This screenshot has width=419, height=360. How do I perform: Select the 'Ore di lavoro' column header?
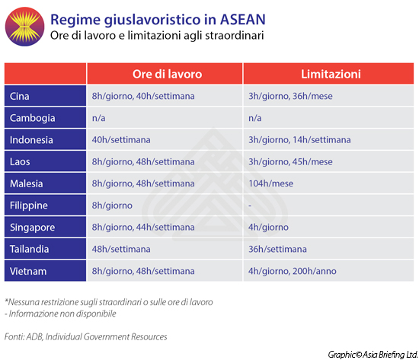[x=165, y=75]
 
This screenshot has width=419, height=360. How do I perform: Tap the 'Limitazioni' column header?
[x=330, y=75]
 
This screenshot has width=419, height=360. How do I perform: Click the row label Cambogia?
[x=32, y=118]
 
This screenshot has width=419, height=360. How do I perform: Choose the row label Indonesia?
[x=32, y=140]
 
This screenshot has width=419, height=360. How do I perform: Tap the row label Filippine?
[x=30, y=205]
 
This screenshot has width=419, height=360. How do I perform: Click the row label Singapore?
[x=32, y=228]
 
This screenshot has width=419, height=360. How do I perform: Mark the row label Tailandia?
[x=30, y=250]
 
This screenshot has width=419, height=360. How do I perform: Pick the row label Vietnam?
[x=29, y=271]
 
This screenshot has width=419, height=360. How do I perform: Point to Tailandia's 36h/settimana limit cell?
[x=277, y=250]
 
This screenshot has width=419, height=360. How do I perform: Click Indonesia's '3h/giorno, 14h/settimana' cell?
[x=299, y=140]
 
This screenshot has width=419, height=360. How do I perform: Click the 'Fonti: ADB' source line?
[x=85, y=336]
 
